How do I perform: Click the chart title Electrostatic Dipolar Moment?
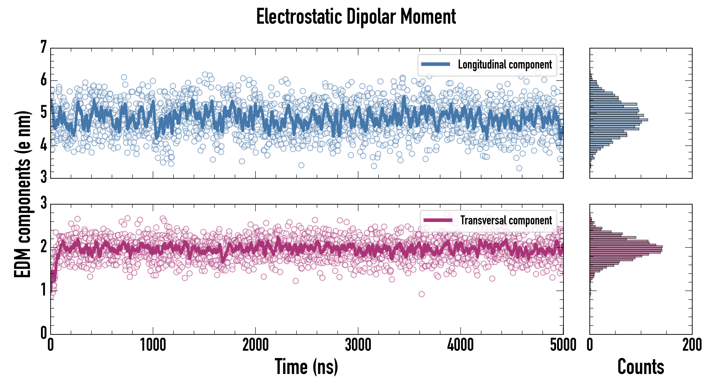[x=356, y=17]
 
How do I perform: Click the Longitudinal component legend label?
[x=505, y=65]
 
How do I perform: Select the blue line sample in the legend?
[x=435, y=64]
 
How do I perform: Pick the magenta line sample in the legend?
[x=438, y=220]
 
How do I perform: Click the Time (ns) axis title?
[x=306, y=366]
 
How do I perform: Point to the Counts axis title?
[x=641, y=366]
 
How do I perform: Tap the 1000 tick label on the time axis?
[x=153, y=345]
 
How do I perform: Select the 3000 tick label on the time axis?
[x=358, y=345]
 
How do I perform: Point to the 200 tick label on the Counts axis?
[x=692, y=345]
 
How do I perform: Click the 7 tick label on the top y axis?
[x=44, y=47]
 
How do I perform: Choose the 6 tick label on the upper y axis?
[x=44, y=80]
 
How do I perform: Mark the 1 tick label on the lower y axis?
[x=44, y=290]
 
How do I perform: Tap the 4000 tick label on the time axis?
[x=460, y=345]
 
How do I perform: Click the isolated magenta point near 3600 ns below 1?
[x=422, y=294]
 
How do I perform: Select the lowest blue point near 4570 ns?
[x=519, y=168]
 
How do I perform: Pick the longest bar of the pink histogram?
[x=626, y=247]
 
